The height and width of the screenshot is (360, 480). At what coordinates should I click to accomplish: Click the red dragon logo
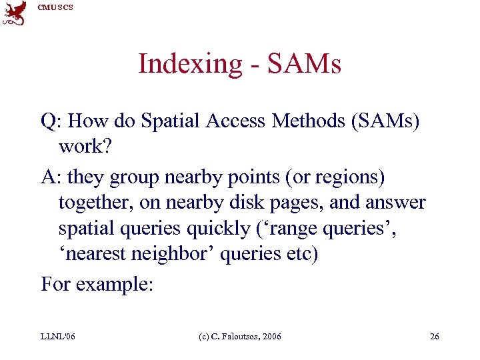pos(14,13)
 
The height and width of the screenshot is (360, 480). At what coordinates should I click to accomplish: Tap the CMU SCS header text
pos(55,7)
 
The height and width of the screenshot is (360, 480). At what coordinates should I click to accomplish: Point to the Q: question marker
pos(50,121)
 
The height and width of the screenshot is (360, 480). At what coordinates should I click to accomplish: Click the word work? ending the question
pos(83,146)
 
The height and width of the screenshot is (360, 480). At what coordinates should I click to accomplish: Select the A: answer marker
pos(50,177)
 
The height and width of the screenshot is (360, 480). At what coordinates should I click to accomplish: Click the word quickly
pos(216,228)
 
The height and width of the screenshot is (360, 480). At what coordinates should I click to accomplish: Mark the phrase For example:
pos(97,285)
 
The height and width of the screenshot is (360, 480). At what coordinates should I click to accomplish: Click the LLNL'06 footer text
pos(57,336)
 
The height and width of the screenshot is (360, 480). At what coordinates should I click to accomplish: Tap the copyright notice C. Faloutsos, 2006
pos(242,336)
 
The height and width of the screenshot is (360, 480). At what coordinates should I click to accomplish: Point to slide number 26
pos(435,336)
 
